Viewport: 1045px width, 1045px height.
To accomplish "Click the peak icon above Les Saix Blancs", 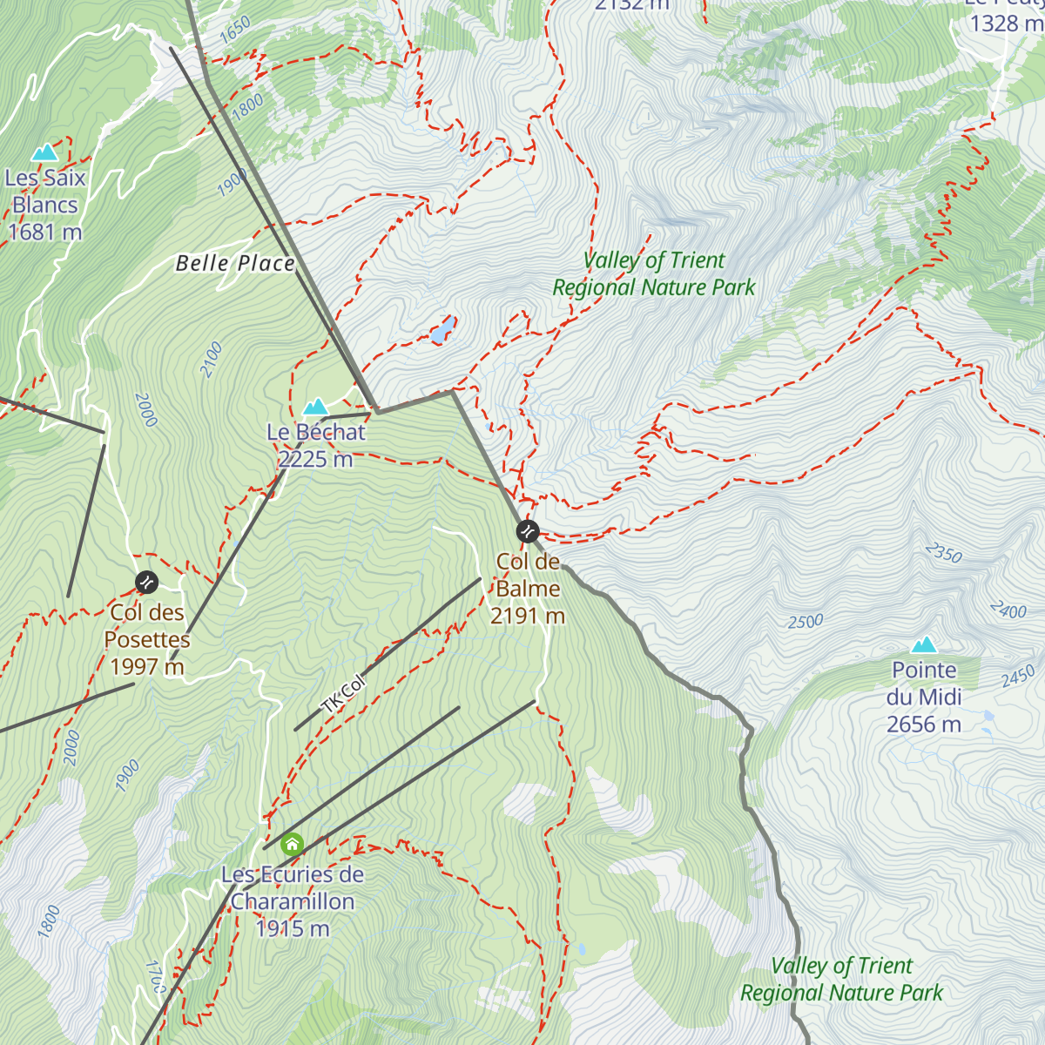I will tap(44, 153).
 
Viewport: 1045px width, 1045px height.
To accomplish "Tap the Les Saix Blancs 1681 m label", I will tap(45, 205).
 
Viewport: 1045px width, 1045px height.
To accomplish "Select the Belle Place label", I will tap(235, 263).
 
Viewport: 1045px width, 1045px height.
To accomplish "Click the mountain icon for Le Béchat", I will tap(315, 407).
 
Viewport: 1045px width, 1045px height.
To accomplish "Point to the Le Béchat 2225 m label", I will tap(316, 445).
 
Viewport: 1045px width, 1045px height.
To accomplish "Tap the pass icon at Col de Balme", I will tap(527, 530).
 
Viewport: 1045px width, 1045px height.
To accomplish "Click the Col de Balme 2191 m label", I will tap(528, 589).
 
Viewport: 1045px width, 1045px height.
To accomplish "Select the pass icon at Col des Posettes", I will tap(146, 581).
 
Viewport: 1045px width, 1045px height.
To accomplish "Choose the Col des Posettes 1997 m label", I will tap(146, 639).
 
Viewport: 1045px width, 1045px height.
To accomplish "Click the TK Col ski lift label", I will tap(343, 694).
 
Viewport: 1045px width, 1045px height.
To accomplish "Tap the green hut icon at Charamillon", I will tap(292, 843).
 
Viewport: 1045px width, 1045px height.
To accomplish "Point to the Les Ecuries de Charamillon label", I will tap(293, 901).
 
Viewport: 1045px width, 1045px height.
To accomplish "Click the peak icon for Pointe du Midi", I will tap(924, 644).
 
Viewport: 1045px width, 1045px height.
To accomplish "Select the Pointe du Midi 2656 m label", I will tap(924, 697).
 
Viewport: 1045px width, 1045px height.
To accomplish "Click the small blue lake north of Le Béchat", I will tap(442, 330).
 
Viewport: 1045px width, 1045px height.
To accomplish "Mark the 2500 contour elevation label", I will tap(806, 622).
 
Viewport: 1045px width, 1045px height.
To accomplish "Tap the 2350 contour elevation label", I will tap(943, 553).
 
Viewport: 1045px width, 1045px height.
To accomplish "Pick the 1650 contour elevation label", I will tap(235, 30).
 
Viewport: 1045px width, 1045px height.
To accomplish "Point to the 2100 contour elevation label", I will tap(212, 360).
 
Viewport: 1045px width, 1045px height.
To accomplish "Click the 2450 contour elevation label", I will tap(1017, 676).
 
